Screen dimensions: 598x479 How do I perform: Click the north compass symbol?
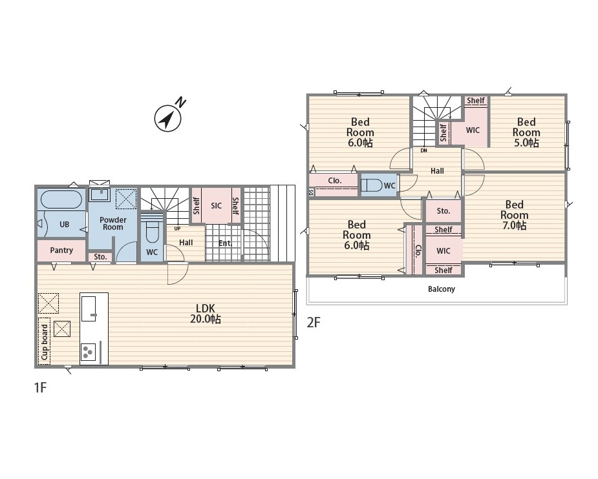(x=168, y=118)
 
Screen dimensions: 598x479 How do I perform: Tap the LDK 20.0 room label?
(x=206, y=313)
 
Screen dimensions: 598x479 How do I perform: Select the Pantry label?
(x=61, y=250)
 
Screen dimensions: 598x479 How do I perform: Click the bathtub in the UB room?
(x=61, y=199)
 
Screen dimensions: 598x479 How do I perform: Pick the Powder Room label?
(x=113, y=223)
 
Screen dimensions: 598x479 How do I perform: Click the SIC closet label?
(x=216, y=206)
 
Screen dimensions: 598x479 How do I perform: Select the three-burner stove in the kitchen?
(x=88, y=352)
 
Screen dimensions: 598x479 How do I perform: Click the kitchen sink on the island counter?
(x=89, y=309)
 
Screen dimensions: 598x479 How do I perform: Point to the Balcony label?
(x=442, y=289)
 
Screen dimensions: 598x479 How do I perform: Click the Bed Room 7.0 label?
(x=514, y=215)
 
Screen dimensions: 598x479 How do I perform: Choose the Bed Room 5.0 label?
(x=526, y=132)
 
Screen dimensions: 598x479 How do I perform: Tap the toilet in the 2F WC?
(x=372, y=185)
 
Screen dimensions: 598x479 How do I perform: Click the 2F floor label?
(x=314, y=323)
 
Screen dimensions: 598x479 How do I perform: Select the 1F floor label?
(x=41, y=387)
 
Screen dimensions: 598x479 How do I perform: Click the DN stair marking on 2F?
(x=423, y=150)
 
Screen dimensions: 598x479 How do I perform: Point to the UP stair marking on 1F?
(x=177, y=229)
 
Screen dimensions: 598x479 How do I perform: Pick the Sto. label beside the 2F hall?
(x=443, y=210)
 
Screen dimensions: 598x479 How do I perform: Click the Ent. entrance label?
(x=225, y=243)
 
